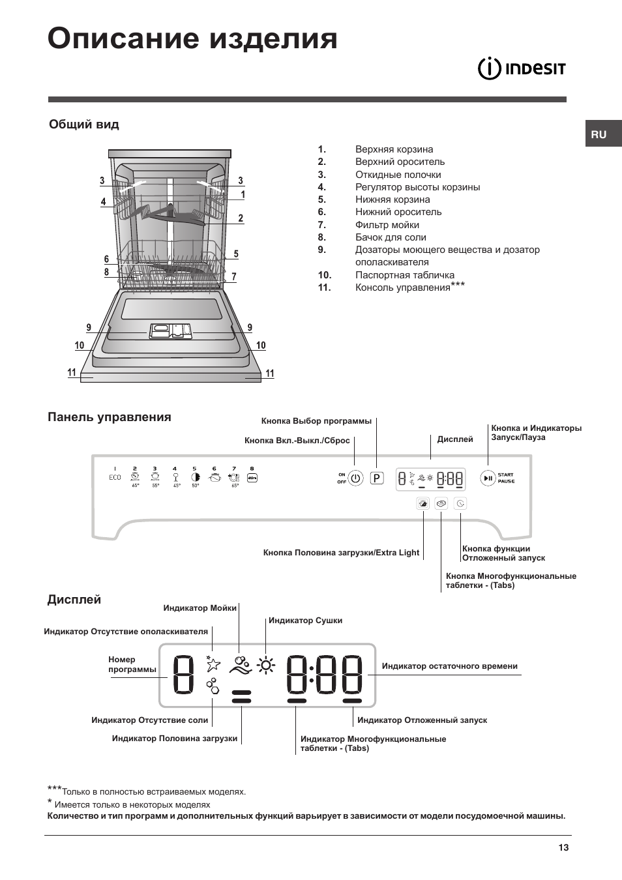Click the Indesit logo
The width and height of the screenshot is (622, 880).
[x=522, y=68]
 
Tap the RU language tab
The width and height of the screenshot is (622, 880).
[x=599, y=134]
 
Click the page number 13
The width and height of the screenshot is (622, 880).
[x=563, y=847]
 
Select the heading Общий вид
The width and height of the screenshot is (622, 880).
[x=84, y=125]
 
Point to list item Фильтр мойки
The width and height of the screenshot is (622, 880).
[x=387, y=225]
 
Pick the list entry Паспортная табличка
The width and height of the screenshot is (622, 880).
[x=404, y=275]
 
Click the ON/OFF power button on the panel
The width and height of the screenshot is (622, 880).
[x=355, y=478]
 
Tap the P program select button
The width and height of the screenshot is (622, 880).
[x=377, y=478]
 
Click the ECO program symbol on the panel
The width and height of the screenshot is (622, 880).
[x=115, y=477]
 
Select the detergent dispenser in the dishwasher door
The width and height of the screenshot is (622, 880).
[x=170, y=331]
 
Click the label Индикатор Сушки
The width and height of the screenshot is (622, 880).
[x=305, y=621]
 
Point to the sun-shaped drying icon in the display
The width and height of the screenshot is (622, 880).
[x=266, y=666]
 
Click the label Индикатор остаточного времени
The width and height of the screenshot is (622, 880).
[x=449, y=666]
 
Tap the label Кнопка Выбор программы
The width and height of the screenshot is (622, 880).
[x=316, y=421]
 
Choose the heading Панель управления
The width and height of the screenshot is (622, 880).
[x=110, y=417]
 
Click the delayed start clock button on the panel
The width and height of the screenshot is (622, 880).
[x=460, y=503]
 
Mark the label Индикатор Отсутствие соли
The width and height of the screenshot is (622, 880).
[x=149, y=720]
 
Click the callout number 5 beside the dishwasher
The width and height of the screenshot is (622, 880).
[x=236, y=254]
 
